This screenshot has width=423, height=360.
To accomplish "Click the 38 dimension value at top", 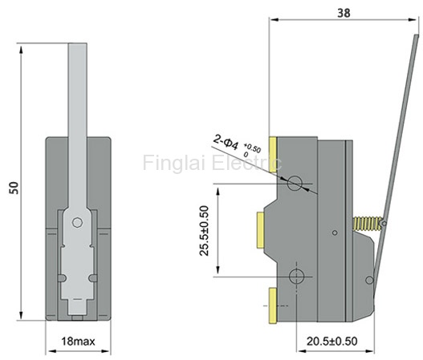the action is point(344,13).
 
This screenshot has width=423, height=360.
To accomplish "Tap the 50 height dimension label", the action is point(14,188).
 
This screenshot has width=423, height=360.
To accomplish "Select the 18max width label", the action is point(78,342).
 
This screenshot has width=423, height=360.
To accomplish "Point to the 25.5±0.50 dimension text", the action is point(204,231).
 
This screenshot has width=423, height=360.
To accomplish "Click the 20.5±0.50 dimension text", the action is point(332,342).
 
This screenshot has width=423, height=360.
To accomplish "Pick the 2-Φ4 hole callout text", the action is point(226,143).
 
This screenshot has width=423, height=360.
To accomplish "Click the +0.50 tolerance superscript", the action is point(252,148).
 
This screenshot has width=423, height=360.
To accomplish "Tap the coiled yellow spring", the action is point(367,224).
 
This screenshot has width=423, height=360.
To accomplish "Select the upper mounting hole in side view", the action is point(295,184).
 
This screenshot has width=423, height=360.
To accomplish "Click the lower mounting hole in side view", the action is point(297,276).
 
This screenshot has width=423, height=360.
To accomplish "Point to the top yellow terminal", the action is point(273,155).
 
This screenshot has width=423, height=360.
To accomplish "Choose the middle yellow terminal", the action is point(261,230).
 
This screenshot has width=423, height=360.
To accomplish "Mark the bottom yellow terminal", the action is point(273,305).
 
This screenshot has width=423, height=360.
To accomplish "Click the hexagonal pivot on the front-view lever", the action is point(77,223).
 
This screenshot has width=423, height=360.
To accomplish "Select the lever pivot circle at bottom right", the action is point(369,281).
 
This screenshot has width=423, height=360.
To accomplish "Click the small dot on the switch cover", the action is point(335,233).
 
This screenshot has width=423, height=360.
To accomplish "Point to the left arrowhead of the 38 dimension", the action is point(274,20).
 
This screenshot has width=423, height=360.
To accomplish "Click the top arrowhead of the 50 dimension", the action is point(21,50).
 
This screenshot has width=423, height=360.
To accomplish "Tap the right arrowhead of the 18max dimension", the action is point(106,351).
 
